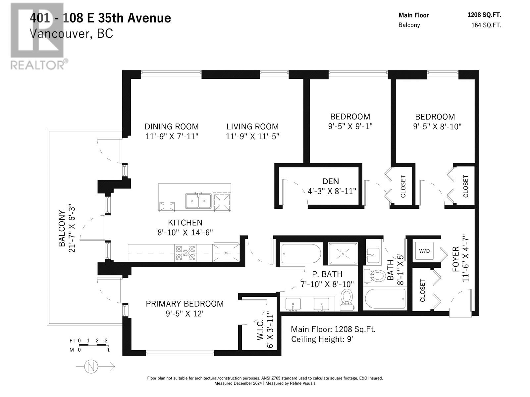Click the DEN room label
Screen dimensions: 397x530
pos(330,181)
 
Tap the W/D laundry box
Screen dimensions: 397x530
pos(424,251)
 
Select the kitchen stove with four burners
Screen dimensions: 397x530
pos(185,253)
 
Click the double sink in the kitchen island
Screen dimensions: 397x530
pos(198,201)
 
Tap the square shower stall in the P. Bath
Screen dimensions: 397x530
pos(343,253)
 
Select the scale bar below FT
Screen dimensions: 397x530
pos(94,345)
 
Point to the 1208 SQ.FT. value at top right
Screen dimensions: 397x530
pos(484,15)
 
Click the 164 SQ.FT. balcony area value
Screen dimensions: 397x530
pos(486,25)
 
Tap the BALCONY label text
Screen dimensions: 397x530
pos(62,228)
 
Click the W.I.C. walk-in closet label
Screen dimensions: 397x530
pos(260,330)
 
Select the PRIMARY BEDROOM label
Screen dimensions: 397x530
pos(185,304)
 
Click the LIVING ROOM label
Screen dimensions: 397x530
pos(252,126)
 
